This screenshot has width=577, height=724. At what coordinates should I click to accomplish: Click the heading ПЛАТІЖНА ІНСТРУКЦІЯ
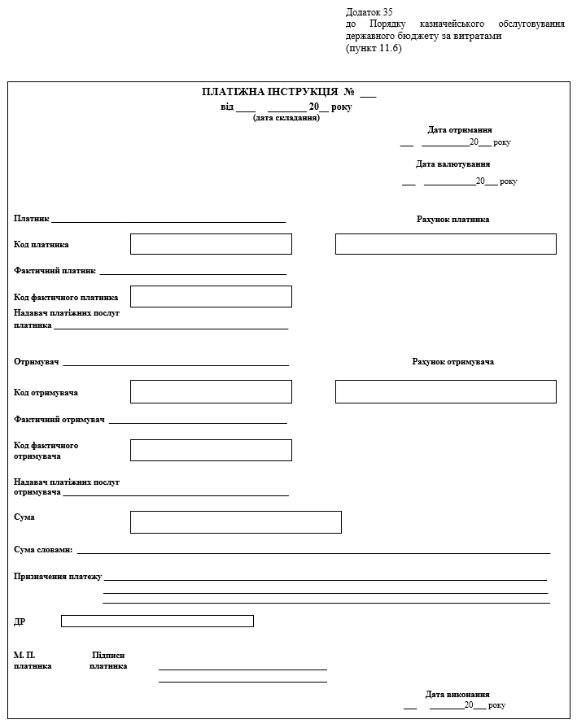[269, 93]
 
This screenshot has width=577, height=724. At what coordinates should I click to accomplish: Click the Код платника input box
[211, 244]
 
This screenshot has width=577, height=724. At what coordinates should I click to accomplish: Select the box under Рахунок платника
[445, 244]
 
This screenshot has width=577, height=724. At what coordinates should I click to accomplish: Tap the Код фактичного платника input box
[211, 297]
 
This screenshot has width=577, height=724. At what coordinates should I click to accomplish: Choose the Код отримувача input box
[211, 392]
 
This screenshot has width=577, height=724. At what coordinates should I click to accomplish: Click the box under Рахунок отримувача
[445, 392]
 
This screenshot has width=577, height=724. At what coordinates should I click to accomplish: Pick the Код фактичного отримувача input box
[211, 450]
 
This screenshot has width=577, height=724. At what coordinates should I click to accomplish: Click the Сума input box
[235, 522]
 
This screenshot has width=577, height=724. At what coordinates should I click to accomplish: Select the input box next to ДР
[157, 622]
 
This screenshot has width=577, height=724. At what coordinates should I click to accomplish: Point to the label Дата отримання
[459, 130]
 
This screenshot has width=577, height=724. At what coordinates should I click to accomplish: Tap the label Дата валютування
[452, 164]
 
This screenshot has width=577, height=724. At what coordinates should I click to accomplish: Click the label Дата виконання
[457, 695]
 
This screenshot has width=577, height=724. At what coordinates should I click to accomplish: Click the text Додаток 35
[369, 12]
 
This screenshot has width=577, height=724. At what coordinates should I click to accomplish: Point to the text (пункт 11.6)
[374, 48]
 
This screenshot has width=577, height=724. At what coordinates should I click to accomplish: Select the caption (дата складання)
[286, 118]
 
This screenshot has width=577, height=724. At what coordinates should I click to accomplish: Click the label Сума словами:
[43, 550]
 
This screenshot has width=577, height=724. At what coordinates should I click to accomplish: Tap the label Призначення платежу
[58, 576]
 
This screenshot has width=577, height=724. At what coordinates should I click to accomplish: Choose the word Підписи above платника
[108, 655]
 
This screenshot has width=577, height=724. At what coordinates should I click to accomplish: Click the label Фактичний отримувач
[59, 419]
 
